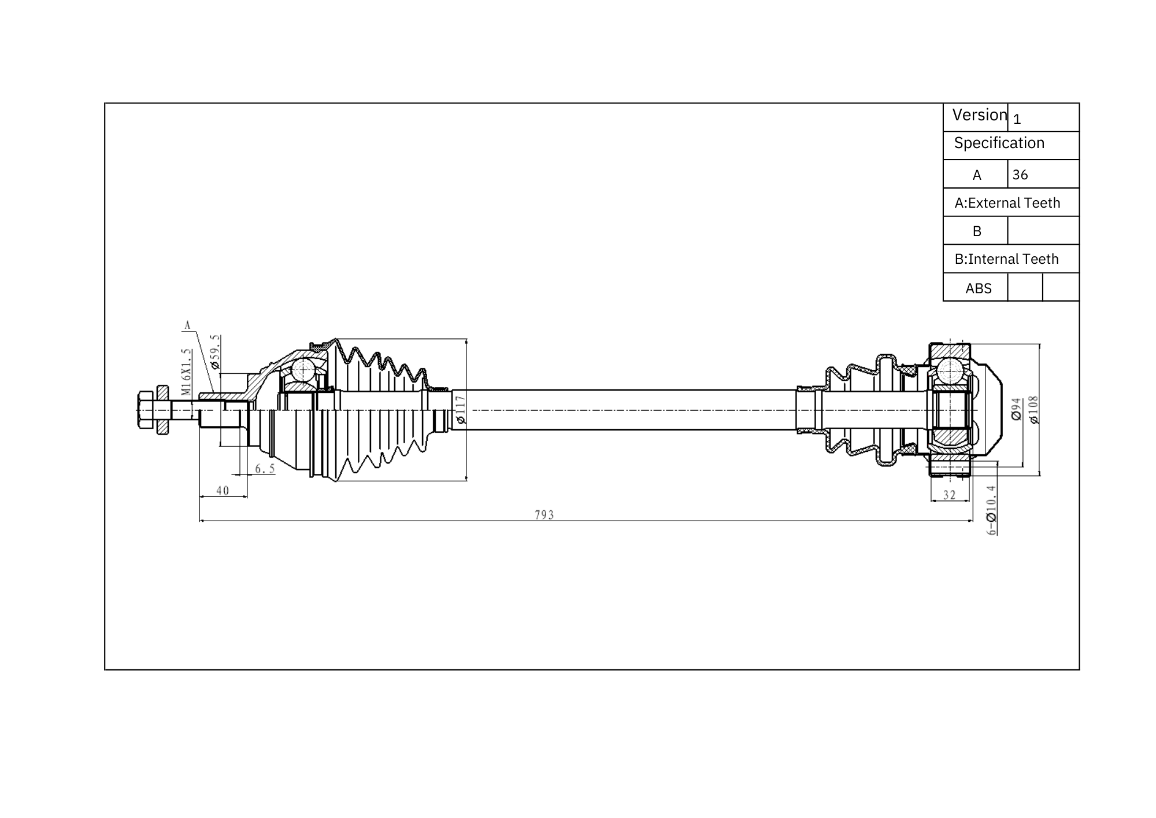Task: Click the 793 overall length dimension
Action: tap(544, 514)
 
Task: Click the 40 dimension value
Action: tap(223, 491)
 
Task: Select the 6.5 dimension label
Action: tap(265, 469)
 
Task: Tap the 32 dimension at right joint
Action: tap(949, 495)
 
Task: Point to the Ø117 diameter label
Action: tap(461, 410)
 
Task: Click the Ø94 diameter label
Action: tap(1016, 408)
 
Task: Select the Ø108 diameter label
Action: tap(1033, 410)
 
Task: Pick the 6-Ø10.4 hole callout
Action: tap(991, 510)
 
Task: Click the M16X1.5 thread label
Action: tap(186, 371)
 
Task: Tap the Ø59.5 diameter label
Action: tap(215, 352)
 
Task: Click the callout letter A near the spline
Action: tap(187, 326)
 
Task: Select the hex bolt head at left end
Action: tap(145, 410)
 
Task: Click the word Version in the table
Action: tap(979, 115)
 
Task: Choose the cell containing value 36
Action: tap(1042, 175)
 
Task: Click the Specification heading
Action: tap(999, 143)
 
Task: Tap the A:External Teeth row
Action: tap(1007, 203)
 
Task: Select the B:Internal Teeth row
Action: tap(1006, 259)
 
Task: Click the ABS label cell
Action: tap(978, 288)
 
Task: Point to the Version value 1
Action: tap(1017, 119)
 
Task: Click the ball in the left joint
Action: tap(303, 369)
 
